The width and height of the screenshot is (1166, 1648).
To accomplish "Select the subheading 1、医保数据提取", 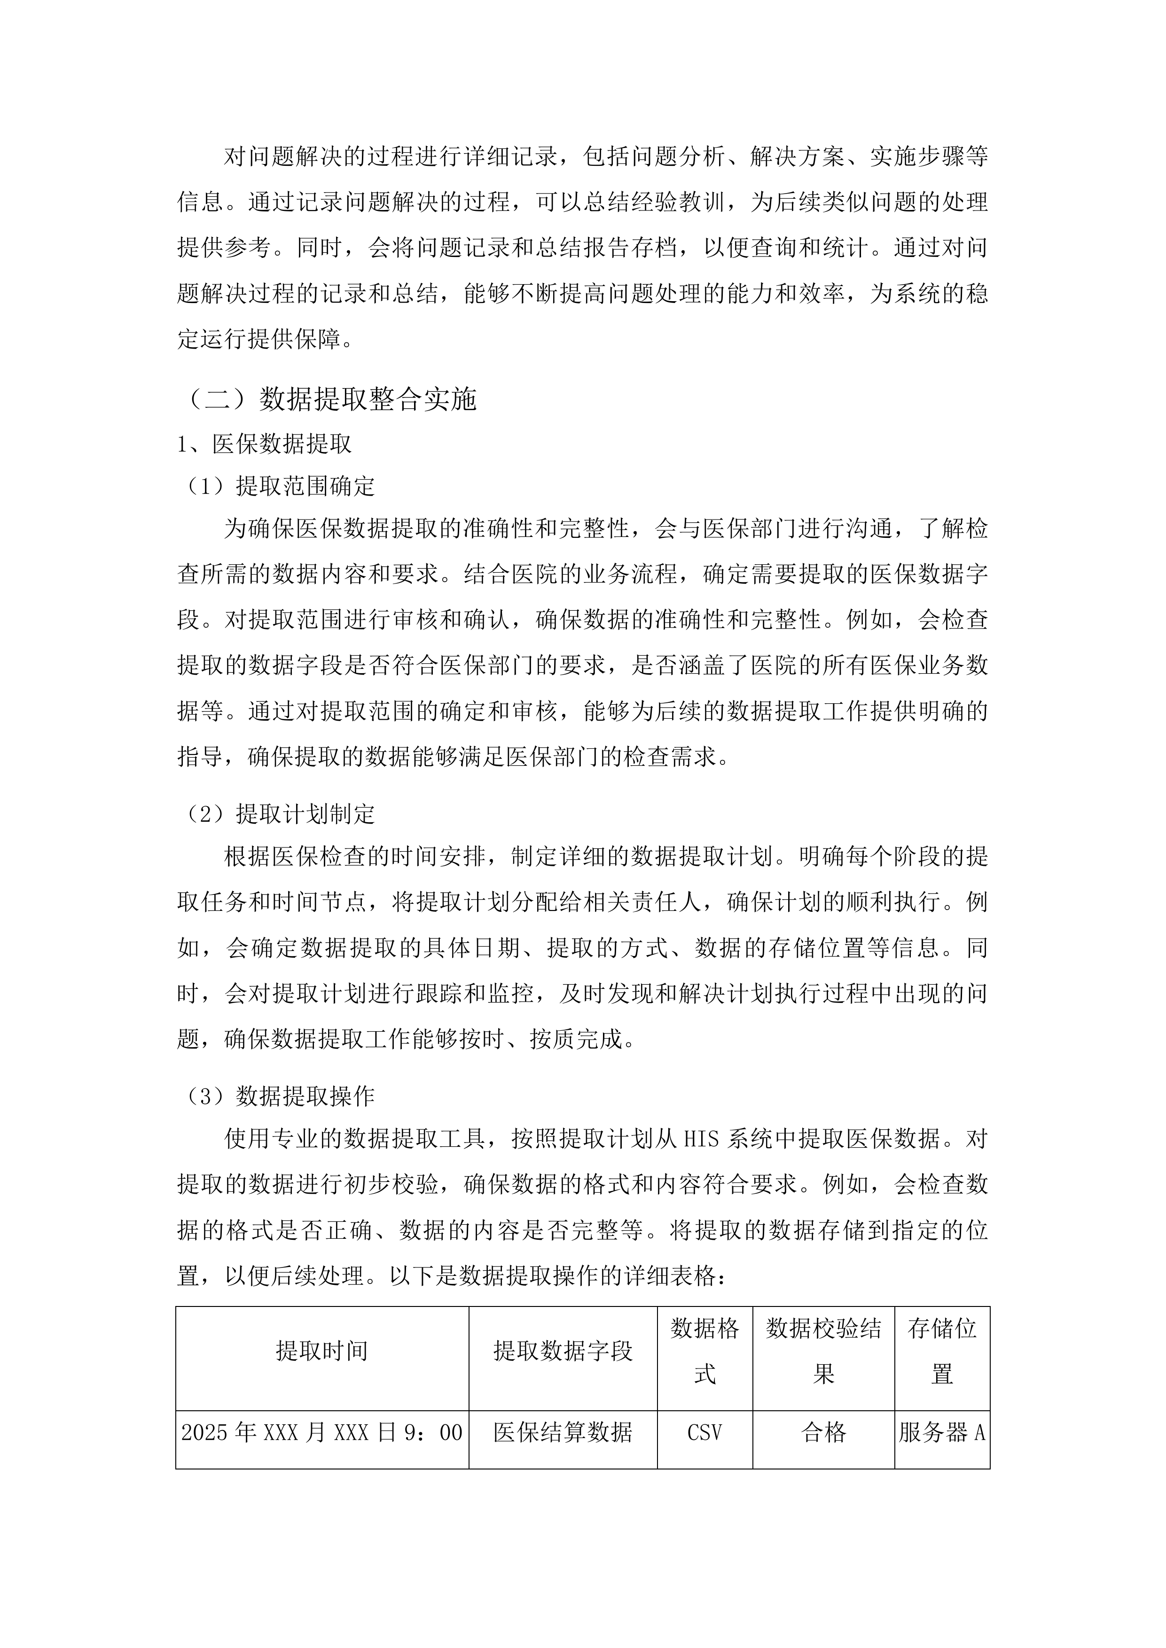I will (x=264, y=444).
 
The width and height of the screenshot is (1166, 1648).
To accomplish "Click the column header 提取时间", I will (x=321, y=1352).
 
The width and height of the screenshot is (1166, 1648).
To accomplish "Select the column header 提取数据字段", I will (x=563, y=1352).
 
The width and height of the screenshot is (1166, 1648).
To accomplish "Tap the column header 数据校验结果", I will (x=823, y=1352).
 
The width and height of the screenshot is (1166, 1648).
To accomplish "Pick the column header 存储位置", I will (x=942, y=1352).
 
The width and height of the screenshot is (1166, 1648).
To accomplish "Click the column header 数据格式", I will (x=704, y=1352).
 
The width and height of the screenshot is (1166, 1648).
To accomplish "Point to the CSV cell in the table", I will (x=704, y=1433).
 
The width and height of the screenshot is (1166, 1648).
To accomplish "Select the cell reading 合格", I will (x=823, y=1433).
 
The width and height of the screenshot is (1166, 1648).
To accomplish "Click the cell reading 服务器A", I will (x=942, y=1433).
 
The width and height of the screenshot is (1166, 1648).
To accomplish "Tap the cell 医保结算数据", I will (x=563, y=1433).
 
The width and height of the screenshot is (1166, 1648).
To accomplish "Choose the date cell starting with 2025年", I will (x=321, y=1433).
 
